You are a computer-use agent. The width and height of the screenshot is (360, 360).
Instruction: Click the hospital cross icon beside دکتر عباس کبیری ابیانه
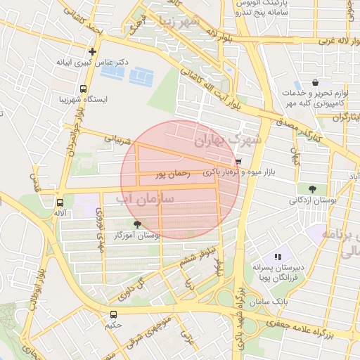92,51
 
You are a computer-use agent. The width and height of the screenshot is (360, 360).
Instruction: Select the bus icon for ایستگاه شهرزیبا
84,89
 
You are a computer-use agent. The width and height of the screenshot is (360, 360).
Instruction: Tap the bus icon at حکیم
113,314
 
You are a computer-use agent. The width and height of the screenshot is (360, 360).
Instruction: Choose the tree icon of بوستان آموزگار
136,224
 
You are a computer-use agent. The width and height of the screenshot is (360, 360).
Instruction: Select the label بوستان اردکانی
309,200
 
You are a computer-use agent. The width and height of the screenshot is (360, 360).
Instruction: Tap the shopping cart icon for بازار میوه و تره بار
239,161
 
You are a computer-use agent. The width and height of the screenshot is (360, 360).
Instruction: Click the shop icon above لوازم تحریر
314,82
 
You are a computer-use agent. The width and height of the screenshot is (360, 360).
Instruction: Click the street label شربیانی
118,140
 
